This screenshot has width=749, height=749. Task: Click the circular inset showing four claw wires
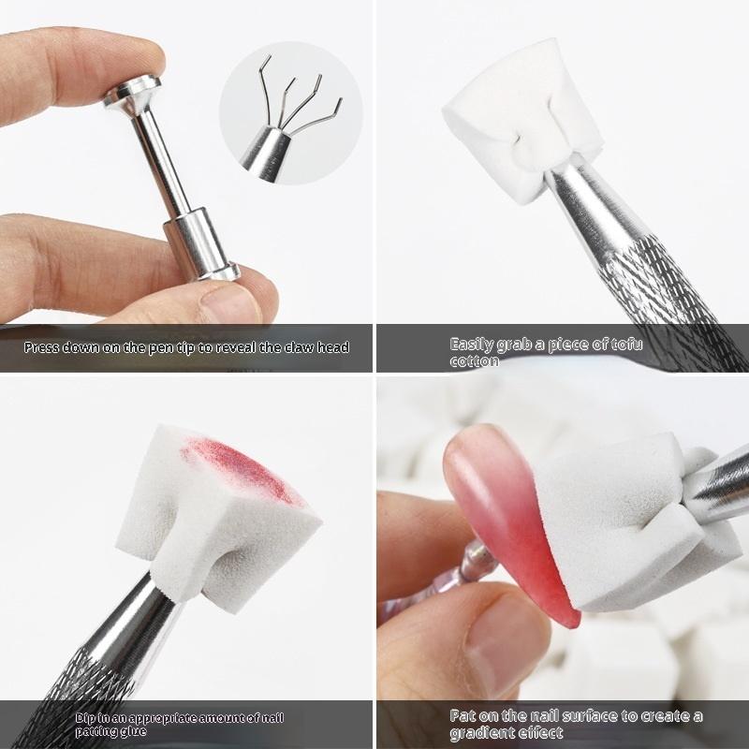click(291, 112)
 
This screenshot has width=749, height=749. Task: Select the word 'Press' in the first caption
click(41, 347)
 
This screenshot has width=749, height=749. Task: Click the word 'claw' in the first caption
click(300, 347)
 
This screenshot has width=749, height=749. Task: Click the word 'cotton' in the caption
click(474, 361)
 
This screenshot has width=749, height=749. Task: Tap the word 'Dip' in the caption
click(85, 718)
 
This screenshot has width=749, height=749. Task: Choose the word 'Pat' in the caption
click(463, 716)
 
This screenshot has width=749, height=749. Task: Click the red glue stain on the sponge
click(242, 470)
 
